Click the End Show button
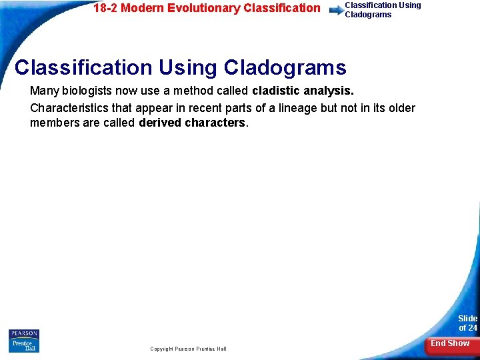pos(449,343)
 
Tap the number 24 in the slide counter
pos(471,327)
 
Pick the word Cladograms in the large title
pos(285,67)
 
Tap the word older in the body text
pos(401,107)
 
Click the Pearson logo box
pos(24,333)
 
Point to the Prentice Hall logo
pos(24,345)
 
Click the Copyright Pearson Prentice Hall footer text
pos(188,349)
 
